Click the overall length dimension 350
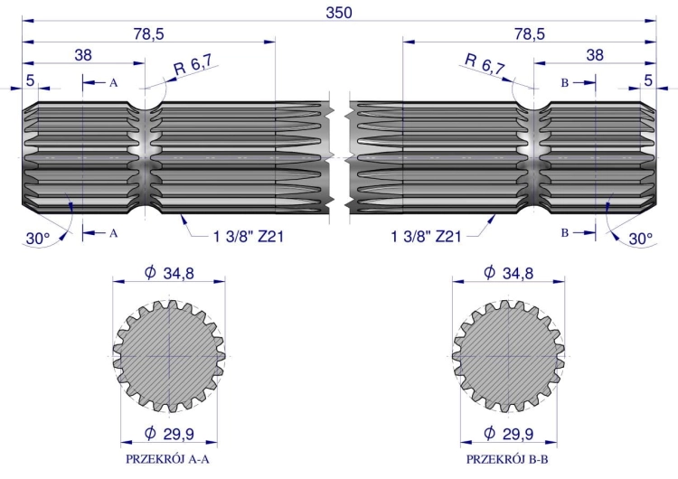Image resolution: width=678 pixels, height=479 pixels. point(339,13)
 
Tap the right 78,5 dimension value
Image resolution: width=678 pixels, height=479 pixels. point(529,33)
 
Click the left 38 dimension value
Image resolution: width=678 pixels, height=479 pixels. point(83,55)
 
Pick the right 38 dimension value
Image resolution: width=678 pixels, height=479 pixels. point(595,55)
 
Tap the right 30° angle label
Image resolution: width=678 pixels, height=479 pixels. point(639,239)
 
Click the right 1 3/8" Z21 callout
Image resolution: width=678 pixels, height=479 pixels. point(427,237)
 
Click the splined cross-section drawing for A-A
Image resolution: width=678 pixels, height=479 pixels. point(170,352)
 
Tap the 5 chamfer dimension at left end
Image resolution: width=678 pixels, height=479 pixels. point(31,81)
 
